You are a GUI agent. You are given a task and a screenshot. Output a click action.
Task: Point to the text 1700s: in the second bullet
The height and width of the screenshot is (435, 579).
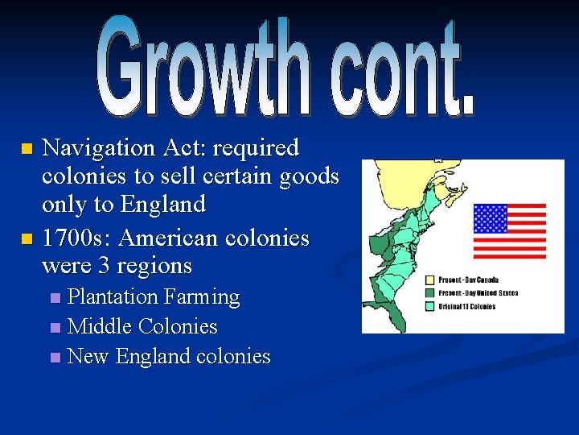(x=76, y=239)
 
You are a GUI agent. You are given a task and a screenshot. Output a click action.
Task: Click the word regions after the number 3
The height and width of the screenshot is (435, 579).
(x=154, y=266)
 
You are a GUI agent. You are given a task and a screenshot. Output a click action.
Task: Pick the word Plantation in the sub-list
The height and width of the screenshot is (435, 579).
(x=113, y=297)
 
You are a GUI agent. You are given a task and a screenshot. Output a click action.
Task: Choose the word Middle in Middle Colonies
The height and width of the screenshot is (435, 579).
(x=101, y=327)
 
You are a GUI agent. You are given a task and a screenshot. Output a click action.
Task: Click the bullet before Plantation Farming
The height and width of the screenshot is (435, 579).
(x=55, y=298)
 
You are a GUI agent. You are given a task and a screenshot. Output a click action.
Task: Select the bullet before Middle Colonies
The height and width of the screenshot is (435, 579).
(x=55, y=328)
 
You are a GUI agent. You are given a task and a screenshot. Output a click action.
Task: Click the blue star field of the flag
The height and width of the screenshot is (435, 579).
(x=490, y=218)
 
